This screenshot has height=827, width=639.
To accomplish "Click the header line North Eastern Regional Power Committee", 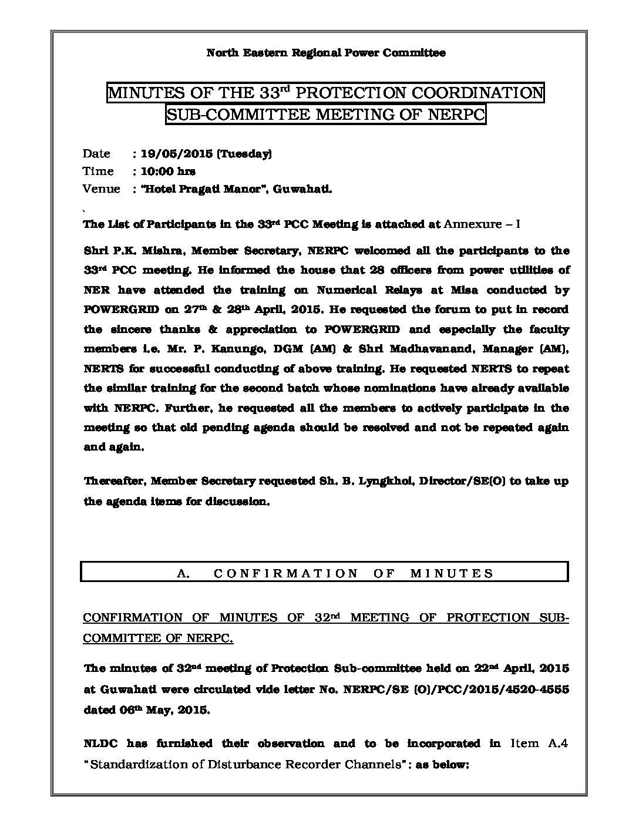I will coord(325,53).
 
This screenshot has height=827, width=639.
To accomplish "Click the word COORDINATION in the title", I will coord(475,93).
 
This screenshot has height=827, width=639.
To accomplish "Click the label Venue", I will coord(101,189).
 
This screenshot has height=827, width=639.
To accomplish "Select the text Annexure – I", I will coord(483,224).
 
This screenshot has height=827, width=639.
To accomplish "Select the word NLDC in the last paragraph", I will coord(100,744).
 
